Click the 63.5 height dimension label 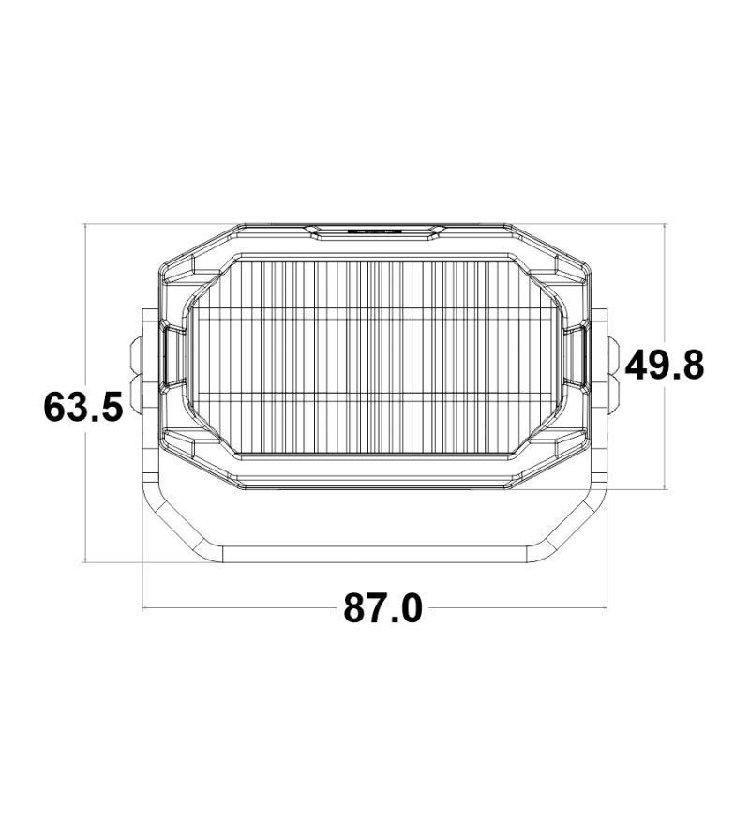pyautogui.click(x=83, y=407)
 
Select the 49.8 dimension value pyautogui.click(x=665, y=365)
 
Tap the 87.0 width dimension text pyautogui.click(x=382, y=609)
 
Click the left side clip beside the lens pyautogui.click(x=172, y=355)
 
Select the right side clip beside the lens pyautogui.click(x=577, y=355)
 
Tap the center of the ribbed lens pyautogui.click(x=375, y=355)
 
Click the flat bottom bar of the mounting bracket pyautogui.click(x=375, y=552)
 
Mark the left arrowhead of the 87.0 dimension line pyautogui.click(x=145, y=609)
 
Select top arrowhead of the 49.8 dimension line pyautogui.click(x=665, y=228)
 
